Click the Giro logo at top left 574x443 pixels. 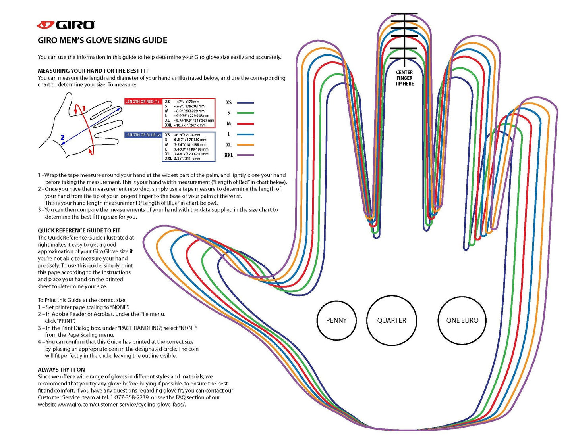(66, 25)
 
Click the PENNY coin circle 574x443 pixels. (336, 320)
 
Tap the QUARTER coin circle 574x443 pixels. (392, 320)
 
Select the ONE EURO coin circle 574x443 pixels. (462, 320)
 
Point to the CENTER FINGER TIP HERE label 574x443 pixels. (404, 78)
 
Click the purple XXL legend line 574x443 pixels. (245, 155)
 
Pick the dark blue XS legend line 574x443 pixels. (245, 103)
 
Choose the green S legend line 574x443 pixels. (245, 113)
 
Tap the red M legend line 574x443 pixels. (245, 124)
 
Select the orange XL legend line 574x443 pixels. (245, 145)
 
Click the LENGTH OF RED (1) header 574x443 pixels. (143, 102)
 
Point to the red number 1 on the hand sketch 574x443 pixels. (83, 108)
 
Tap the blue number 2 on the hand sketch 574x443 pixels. (62, 138)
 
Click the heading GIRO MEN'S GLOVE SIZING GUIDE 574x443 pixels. (102, 40)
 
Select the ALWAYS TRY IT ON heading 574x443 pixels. (61, 370)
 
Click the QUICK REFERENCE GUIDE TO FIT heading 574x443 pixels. (79, 230)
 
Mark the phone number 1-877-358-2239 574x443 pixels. (129, 397)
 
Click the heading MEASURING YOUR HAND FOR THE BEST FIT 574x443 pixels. (93, 71)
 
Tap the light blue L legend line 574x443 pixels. (245, 134)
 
